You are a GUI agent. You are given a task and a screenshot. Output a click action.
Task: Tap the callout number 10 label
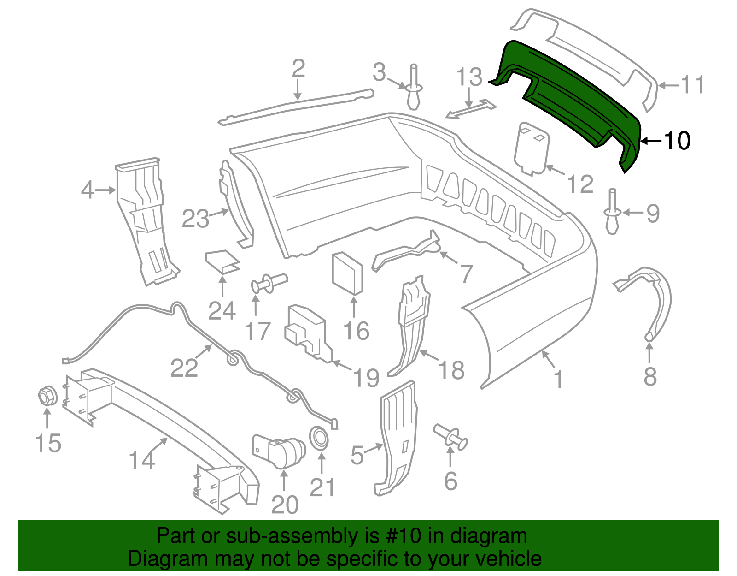point(677,141)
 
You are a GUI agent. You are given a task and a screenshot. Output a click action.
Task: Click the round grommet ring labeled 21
point(319,437)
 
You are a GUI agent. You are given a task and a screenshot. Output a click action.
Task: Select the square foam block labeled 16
point(348,273)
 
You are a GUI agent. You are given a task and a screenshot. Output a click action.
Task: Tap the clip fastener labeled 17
point(269,282)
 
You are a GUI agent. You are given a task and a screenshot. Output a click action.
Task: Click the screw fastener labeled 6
point(450,436)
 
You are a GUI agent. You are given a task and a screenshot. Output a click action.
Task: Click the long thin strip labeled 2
point(297,107)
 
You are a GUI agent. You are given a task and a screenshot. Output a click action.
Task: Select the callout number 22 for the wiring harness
point(184,368)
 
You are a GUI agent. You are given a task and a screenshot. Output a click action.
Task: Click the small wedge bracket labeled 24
point(222,262)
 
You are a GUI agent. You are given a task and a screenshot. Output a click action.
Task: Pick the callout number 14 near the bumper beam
point(142,460)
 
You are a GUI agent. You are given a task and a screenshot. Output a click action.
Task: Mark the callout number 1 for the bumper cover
point(558,379)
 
